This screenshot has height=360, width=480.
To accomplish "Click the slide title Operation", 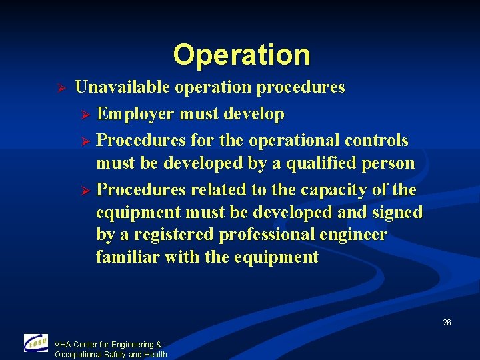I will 241,55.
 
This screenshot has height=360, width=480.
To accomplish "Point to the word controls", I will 377,141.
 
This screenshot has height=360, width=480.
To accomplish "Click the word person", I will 390,163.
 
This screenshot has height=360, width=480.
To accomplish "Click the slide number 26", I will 447,323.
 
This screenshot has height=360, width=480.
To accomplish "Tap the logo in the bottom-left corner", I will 36,343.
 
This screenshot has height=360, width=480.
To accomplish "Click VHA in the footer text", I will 63,345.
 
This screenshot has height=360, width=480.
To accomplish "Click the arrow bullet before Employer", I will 83,115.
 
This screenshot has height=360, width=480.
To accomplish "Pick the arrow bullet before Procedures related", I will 83,191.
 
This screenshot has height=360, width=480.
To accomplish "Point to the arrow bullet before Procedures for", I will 83,141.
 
